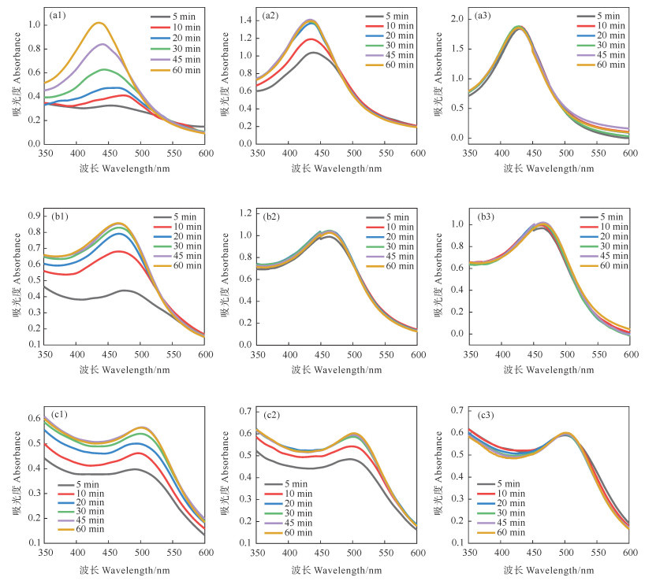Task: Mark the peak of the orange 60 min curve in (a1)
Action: click(x=99, y=23)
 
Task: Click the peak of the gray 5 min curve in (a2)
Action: click(x=313, y=53)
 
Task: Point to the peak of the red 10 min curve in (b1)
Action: click(x=119, y=252)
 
